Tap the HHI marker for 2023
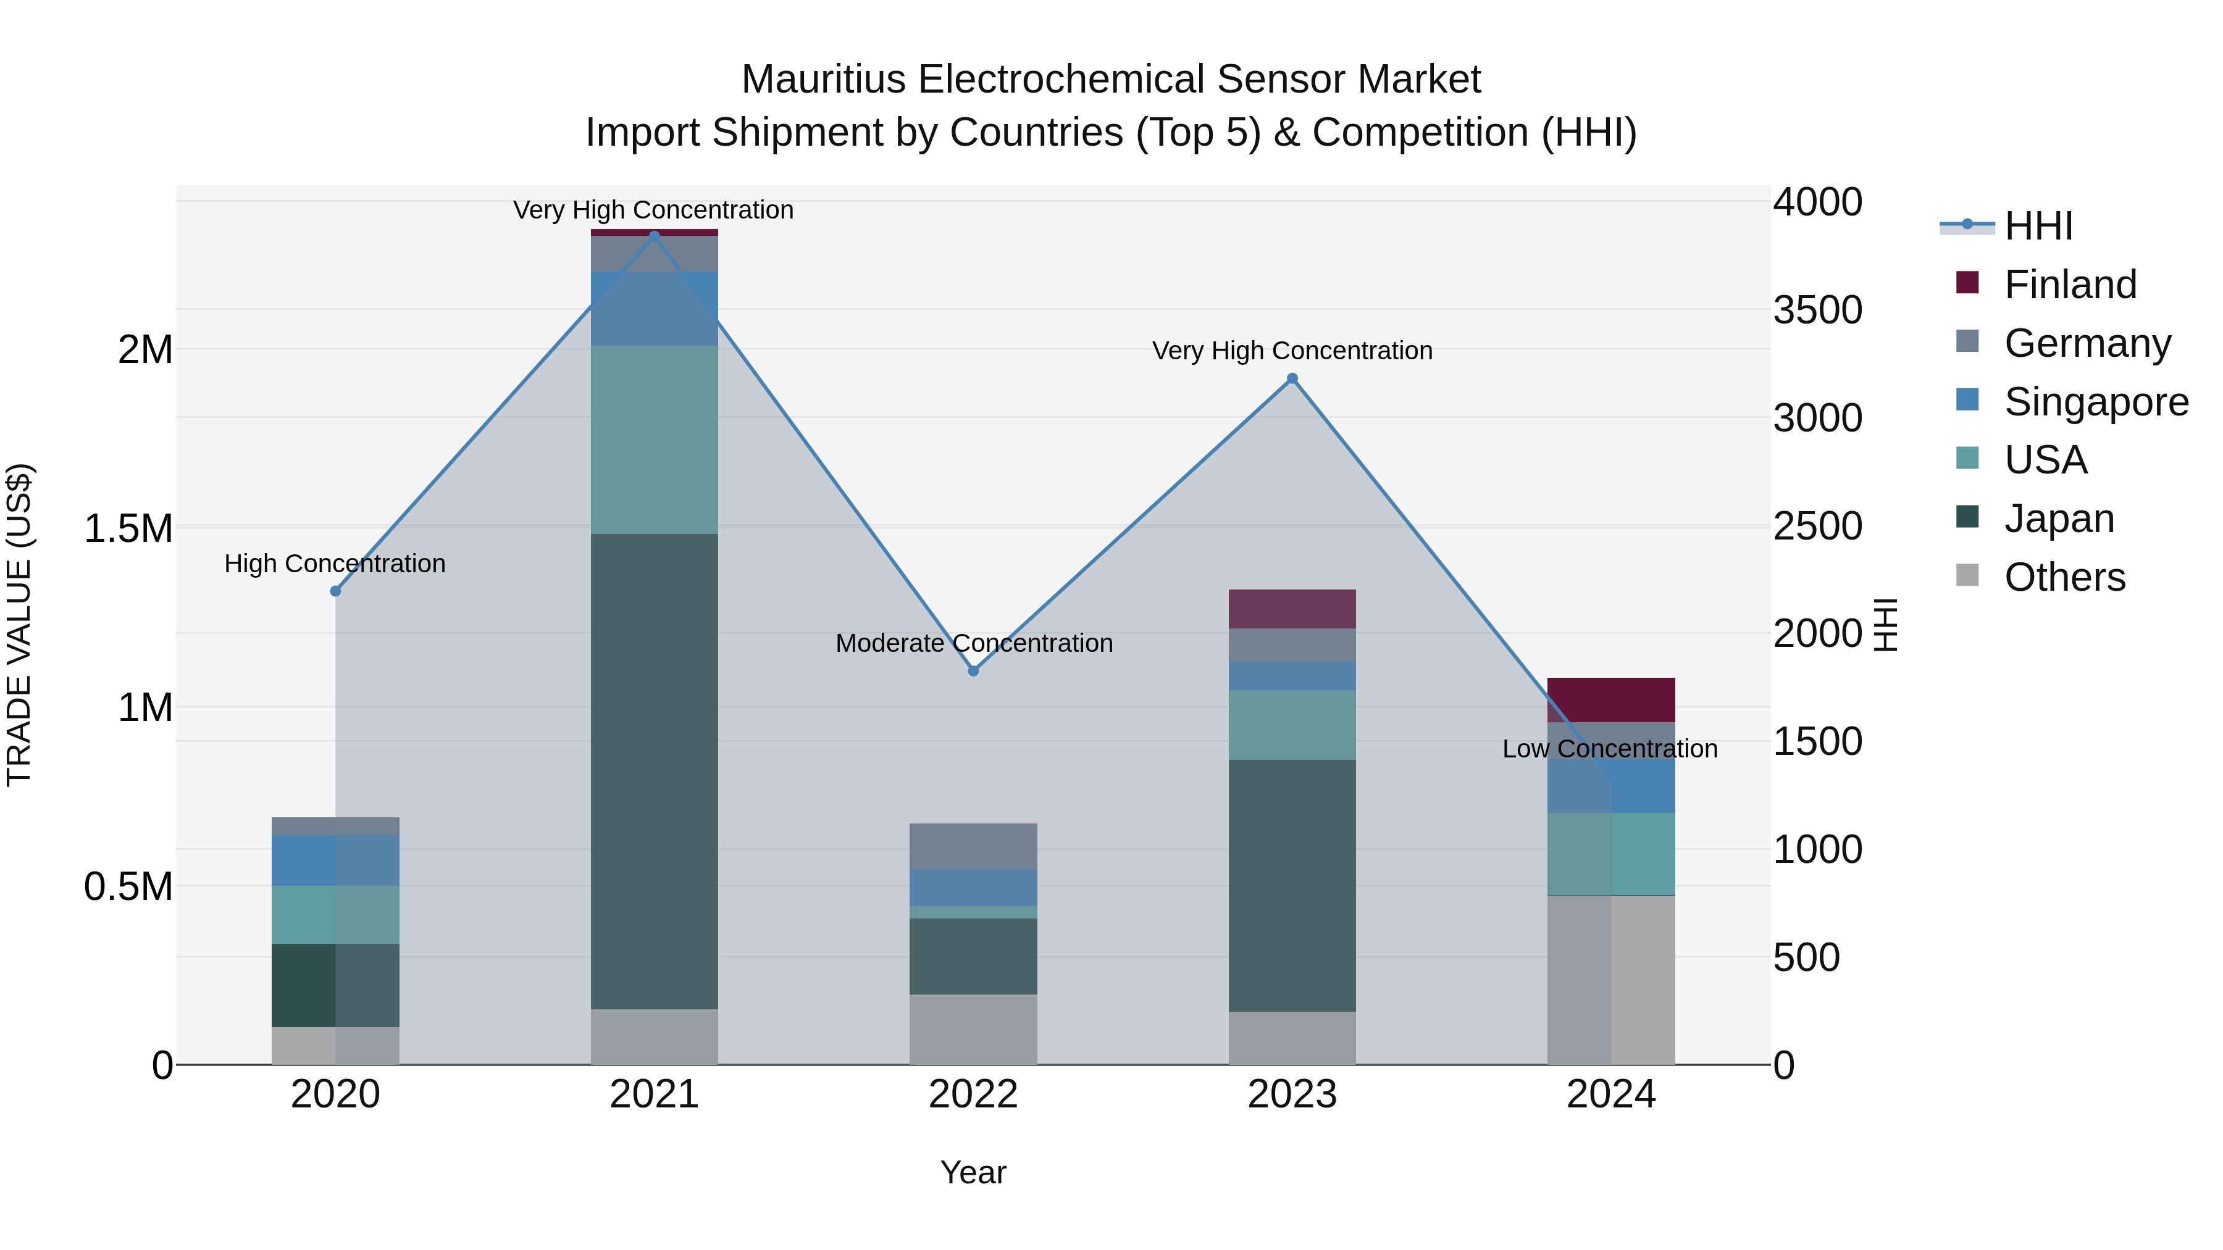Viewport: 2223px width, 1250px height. (1292, 378)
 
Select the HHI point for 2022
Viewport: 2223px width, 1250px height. (973, 670)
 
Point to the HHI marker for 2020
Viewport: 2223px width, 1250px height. (336, 591)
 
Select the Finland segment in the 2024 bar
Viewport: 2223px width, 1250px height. (1610, 699)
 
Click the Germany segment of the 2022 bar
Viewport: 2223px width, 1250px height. (973, 846)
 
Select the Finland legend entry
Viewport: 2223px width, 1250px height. (2069, 285)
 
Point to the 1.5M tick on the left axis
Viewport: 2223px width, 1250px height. (128, 528)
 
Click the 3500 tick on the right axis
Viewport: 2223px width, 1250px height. (1817, 310)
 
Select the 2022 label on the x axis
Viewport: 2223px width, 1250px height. (973, 1094)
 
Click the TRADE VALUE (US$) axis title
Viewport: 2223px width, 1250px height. (19, 625)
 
